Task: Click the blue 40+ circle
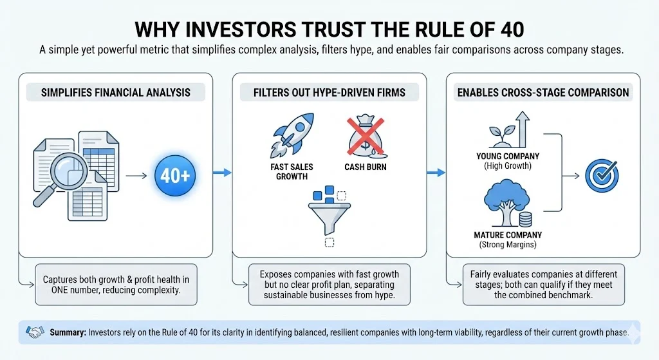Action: [175, 174]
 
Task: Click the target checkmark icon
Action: [601, 174]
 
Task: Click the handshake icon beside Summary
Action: [34, 332]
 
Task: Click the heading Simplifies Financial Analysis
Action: [115, 92]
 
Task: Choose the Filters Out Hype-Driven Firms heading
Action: [329, 92]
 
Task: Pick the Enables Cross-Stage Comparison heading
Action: [543, 92]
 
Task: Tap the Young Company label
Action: [508, 156]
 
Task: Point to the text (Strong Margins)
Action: [508, 244]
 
